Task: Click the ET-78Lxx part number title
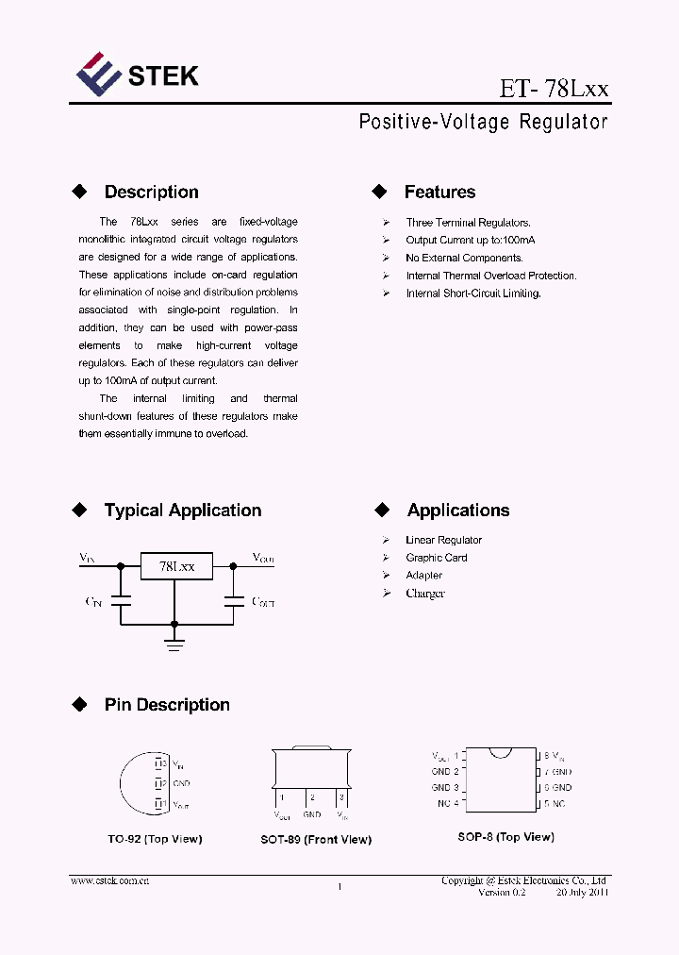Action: pyautogui.click(x=554, y=90)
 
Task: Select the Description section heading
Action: pyautogui.click(x=151, y=193)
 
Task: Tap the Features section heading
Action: pyautogui.click(x=439, y=193)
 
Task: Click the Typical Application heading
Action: pyautogui.click(x=182, y=511)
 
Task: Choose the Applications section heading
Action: pyautogui.click(x=457, y=511)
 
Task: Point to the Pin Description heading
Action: pyautogui.click(x=166, y=705)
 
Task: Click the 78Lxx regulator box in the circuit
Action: pyautogui.click(x=176, y=566)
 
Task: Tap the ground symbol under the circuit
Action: pyautogui.click(x=174, y=643)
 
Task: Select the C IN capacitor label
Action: pyautogui.click(x=93, y=601)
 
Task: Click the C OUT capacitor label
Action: pyautogui.click(x=262, y=601)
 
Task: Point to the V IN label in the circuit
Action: pyautogui.click(x=87, y=559)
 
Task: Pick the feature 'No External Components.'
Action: pyautogui.click(x=464, y=258)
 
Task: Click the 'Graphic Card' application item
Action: pyautogui.click(x=436, y=558)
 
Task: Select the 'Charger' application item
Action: pyautogui.click(x=424, y=594)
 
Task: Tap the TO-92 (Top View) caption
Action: pyautogui.click(x=155, y=839)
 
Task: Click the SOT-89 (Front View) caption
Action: pyautogui.click(x=316, y=840)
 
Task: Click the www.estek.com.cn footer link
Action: pyautogui.click(x=110, y=880)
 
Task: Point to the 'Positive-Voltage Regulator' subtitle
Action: pyautogui.click(x=483, y=123)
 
